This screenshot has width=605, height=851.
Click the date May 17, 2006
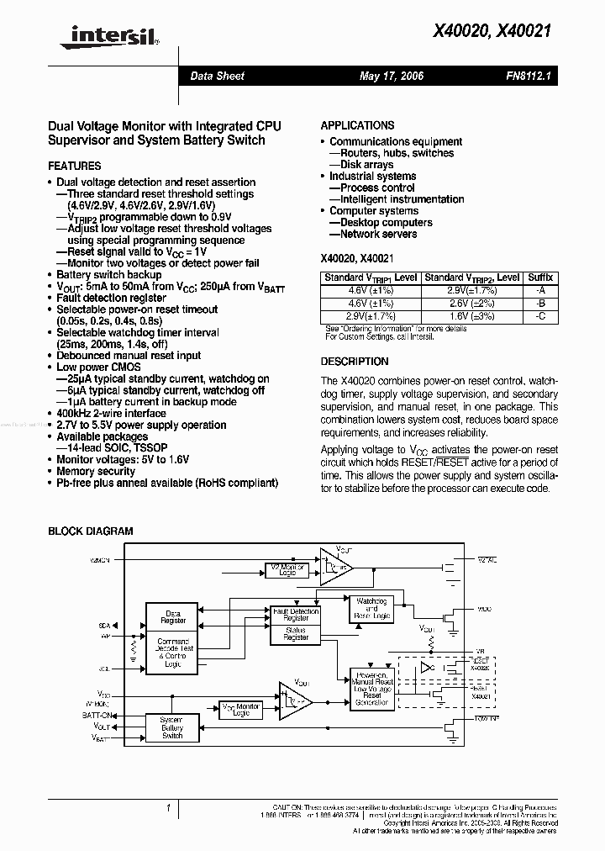(x=391, y=76)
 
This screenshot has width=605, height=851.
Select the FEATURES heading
(x=74, y=166)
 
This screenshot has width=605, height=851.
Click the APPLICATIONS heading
(x=357, y=125)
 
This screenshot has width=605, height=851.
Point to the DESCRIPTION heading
(x=355, y=362)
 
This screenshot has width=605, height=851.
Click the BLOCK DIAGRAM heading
(x=90, y=531)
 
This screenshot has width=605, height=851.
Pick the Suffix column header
(x=539, y=277)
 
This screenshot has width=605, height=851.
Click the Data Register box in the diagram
(x=173, y=616)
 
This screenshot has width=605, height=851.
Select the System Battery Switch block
(x=172, y=728)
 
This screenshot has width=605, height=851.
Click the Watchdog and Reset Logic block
(x=372, y=609)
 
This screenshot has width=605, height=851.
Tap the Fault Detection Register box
(x=295, y=614)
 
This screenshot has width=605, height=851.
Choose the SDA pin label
(x=104, y=626)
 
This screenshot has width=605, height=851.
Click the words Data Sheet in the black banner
(x=217, y=76)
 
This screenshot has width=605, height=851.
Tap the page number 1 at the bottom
(x=169, y=809)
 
